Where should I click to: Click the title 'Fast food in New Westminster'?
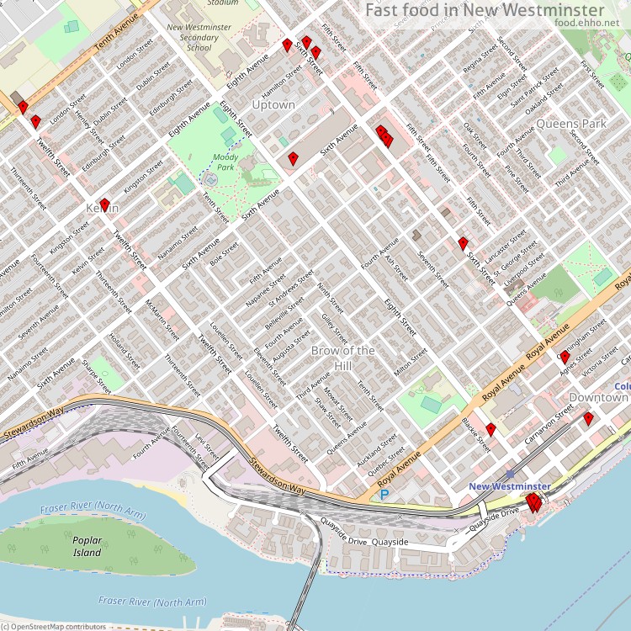(x=485, y=9)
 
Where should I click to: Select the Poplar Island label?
(x=87, y=547)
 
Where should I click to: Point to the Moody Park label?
(x=225, y=162)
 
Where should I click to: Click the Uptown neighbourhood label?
(x=273, y=105)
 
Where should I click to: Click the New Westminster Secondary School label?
(x=199, y=38)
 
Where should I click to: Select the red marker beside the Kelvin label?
(x=105, y=204)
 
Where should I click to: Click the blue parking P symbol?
(x=384, y=495)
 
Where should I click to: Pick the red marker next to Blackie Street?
(x=490, y=429)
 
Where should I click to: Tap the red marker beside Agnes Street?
(x=565, y=357)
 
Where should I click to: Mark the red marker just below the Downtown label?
(x=588, y=418)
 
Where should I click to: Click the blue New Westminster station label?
(x=510, y=486)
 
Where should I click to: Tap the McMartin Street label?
(x=162, y=320)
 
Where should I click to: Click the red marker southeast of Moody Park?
(x=293, y=158)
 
